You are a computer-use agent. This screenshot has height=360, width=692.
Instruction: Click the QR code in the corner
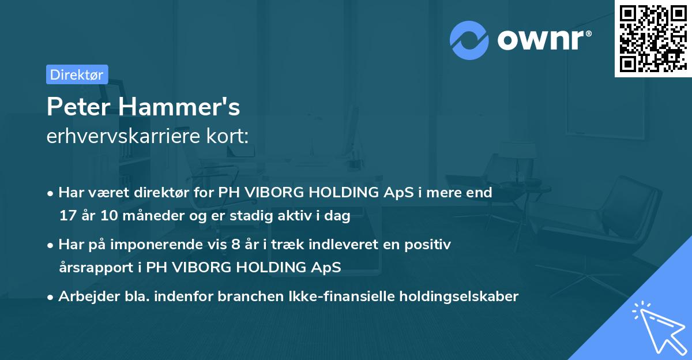coord(652,38)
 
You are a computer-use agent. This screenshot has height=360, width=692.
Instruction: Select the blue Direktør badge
coord(77,74)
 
